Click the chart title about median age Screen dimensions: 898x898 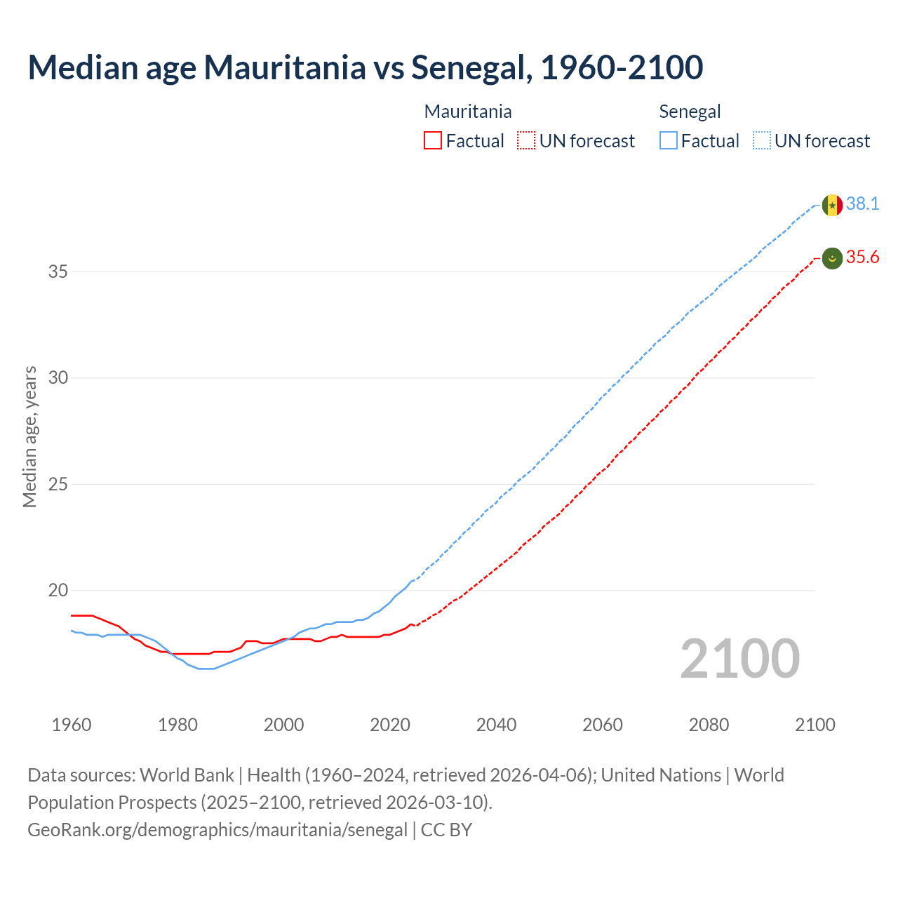point(365,67)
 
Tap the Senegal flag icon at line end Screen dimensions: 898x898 point(832,205)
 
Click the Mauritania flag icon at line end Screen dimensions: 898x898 point(832,258)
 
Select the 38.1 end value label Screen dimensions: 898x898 point(862,203)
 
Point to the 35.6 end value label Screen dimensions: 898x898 point(862,257)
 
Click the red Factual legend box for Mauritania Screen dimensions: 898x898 point(433,141)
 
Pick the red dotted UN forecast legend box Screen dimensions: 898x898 point(526,141)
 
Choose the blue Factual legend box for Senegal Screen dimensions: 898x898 point(669,141)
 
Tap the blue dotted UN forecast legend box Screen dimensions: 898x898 point(761,141)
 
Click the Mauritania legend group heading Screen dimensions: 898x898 point(468,112)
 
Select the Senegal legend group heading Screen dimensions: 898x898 point(690,112)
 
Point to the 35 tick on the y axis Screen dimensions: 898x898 point(58,272)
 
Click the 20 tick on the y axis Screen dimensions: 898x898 point(58,590)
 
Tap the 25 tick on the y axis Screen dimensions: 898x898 point(58,484)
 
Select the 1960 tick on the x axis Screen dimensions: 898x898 point(72,725)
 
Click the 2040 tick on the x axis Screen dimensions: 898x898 point(496,725)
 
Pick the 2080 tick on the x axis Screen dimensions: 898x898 point(709,725)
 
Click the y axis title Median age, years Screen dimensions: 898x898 point(29,436)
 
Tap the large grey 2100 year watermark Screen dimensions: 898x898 point(740,659)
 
